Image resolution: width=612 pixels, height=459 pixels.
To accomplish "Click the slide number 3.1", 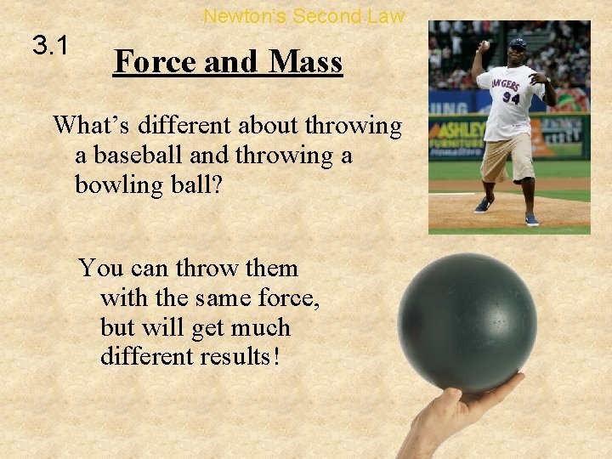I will (49, 44).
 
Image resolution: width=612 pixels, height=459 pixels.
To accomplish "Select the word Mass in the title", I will (305, 62).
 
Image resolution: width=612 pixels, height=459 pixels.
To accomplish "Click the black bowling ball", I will (467, 323).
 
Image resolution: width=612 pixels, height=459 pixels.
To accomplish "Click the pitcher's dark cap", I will (518, 42).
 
